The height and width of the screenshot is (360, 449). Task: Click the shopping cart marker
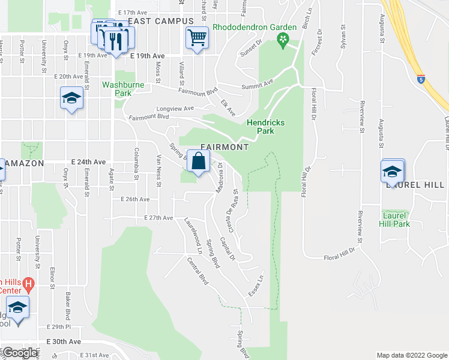point(197,39)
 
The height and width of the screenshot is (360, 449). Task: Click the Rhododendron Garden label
point(255,27)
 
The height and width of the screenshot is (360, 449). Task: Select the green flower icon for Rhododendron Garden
point(282,41)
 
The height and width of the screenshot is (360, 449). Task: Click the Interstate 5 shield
point(421,78)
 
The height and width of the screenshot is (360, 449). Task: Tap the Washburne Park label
point(124,89)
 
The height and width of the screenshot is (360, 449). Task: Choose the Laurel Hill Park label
point(394,219)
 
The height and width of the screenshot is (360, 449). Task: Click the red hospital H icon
point(29,283)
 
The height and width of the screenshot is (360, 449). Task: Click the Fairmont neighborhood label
point(224,147)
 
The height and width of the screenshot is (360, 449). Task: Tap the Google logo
point(20,353)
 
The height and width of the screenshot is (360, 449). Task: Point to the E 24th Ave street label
point(88,162)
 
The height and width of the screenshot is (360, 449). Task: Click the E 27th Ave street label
point(158,218)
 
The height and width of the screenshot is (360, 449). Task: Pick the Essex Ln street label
point(256,285)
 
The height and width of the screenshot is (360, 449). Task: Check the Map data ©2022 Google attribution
point(412,355)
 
